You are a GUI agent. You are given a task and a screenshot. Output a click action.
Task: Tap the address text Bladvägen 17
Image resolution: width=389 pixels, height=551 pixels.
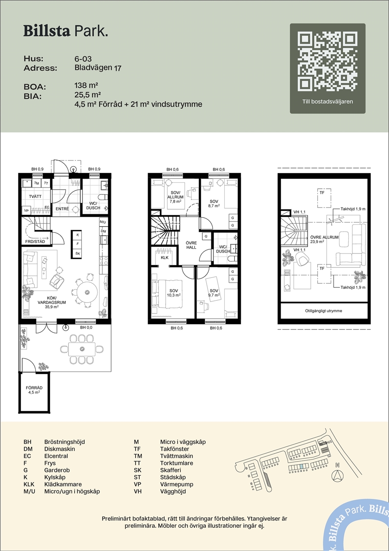pos(98,68)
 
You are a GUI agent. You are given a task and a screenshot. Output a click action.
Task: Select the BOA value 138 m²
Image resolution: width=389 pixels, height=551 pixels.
pos(86,85)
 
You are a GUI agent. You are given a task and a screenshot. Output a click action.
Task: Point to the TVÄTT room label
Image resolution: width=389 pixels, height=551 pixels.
pos(35,196)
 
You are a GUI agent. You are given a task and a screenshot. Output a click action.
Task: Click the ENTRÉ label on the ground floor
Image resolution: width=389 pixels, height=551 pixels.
pos(62,209)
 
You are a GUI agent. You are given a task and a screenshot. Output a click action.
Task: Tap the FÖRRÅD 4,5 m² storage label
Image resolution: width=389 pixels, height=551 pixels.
pos(34,390)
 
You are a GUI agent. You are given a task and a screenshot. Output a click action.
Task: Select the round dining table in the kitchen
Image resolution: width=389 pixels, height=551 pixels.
pos(87,292)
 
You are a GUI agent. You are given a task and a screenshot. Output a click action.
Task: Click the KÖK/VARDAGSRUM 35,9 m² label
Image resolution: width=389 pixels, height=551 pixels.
pos(52,302)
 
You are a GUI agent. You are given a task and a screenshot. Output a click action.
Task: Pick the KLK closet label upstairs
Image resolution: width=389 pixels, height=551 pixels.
pos(165,258)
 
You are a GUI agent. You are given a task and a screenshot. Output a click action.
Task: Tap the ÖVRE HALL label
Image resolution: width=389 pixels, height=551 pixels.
pos(191,245)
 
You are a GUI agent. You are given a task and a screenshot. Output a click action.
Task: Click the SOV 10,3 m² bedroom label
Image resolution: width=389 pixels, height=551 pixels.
pos(174,293)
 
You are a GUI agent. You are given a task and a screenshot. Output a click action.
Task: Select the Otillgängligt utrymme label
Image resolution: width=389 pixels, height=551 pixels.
pos(324,311)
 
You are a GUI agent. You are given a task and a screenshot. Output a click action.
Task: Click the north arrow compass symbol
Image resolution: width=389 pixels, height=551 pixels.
pos(338,476)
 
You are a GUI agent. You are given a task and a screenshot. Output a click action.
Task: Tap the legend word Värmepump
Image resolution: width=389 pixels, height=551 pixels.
pos(176,484)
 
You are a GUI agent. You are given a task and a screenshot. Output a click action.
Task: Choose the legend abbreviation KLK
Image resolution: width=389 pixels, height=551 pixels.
pos(29,484)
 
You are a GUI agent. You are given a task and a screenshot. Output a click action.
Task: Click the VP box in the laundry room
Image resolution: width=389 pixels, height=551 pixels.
pos(26,211)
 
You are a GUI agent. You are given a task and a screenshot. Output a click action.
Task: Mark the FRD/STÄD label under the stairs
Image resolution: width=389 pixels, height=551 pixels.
pos(35,242)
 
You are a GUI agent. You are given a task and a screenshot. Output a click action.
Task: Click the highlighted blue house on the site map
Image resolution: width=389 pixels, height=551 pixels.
pos(301,467)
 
